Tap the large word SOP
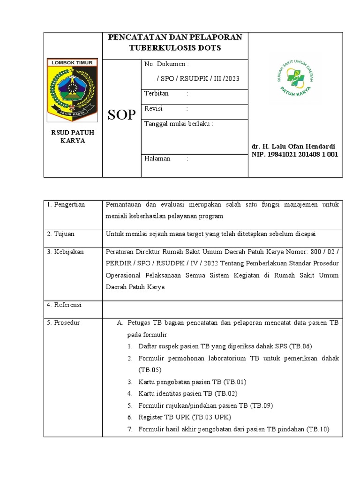click(121, 115)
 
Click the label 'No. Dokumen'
click(166, 64)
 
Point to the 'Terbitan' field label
click(157, 94)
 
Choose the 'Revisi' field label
click(154, 109)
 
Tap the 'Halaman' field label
click(157, 159)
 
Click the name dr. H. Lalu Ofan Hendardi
click(293, 146)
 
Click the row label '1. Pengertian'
click(66, 205)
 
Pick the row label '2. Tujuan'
click(61, 234)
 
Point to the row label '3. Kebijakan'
click(66, 252)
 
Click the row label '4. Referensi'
click(65, 305)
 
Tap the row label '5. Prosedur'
click(64, 323)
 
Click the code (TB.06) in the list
click(300, 346)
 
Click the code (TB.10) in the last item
click(318, 429)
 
